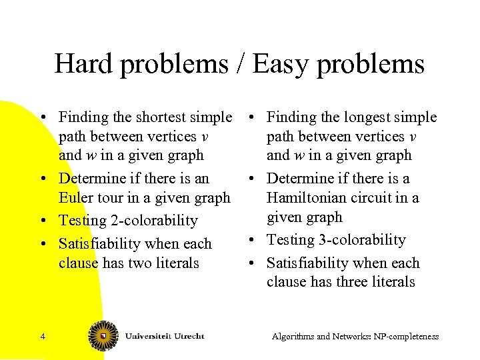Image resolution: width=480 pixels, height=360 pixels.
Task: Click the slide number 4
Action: point(43,337)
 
